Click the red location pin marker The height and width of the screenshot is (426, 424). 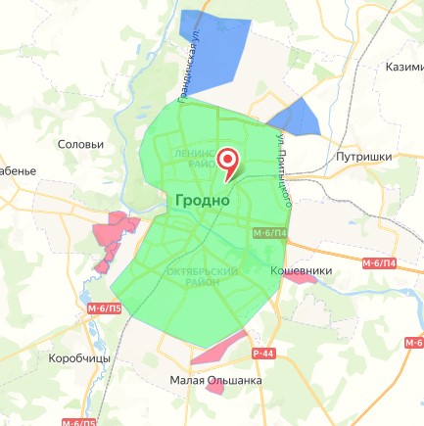[228, 162]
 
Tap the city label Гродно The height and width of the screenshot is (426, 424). [203, 200]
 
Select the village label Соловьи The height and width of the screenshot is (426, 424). [81, 145]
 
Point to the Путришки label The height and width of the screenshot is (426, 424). [363, 156]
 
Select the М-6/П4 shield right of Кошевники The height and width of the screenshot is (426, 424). [379, 264]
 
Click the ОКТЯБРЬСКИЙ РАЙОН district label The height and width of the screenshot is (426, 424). [204, 275]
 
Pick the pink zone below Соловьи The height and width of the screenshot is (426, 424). [113, 238]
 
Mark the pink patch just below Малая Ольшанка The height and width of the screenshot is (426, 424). [217, 390]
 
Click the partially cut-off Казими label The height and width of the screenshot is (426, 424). [403, 67]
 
